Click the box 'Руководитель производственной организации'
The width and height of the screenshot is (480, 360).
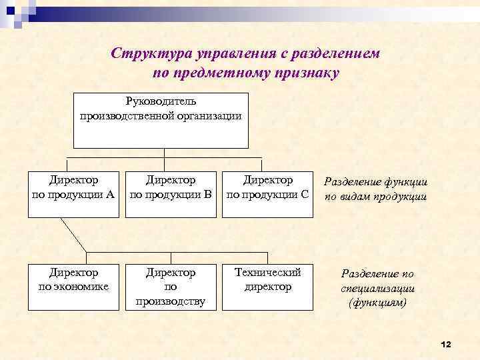(161, 120)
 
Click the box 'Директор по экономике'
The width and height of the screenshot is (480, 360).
(74, 287)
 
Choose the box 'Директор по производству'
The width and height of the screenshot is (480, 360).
(171, 287)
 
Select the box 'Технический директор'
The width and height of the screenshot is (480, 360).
(267, 287)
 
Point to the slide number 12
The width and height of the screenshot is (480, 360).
(446, 344)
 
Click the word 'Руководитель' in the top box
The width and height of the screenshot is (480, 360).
(161, 102)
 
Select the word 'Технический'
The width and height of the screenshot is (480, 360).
(268, 273)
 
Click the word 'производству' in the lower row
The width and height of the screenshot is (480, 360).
(171, 301)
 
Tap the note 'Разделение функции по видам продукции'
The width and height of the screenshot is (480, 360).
(376, 189)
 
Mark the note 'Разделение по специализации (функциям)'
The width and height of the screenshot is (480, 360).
(377, 288)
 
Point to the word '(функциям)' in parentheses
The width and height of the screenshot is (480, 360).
(377, 303)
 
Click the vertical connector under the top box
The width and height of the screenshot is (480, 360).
(164, 153)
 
